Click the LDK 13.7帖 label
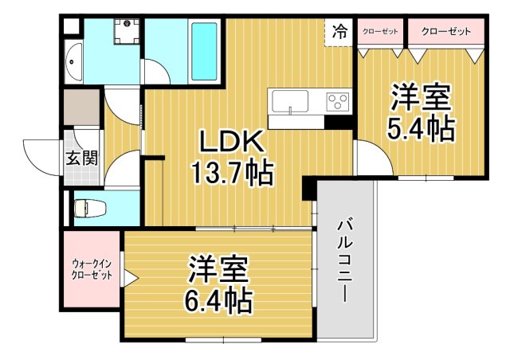(x=230, y=157)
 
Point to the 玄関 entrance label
(x=82, y=158)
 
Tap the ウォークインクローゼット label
(x=92, y=269)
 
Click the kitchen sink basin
(x=290, y=103)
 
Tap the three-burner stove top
(x=337, y=102)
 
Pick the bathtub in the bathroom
(x=206, y=50)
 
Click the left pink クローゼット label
(x=379, y=32)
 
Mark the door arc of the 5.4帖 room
(x=370, y=155)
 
